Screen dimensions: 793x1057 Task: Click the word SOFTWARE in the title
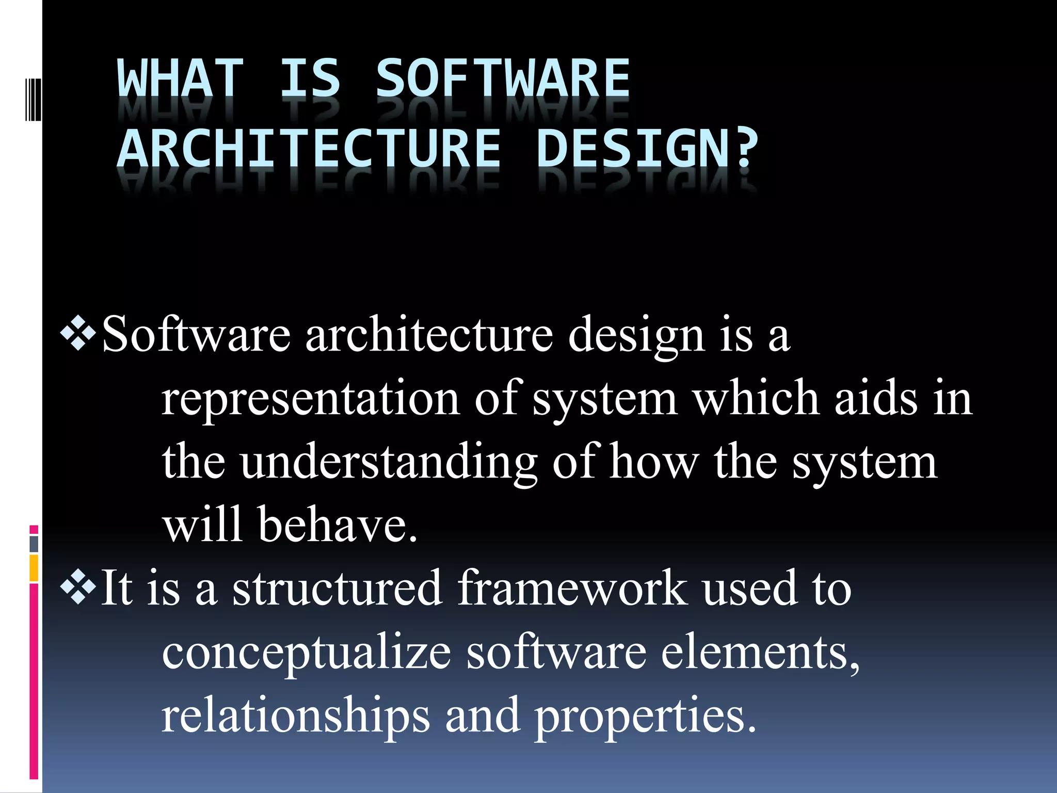click(503, 78)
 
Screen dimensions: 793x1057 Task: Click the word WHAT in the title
click(180, 78)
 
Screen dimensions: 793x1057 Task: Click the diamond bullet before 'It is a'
click(78, 588)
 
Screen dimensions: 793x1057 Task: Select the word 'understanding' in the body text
click(388, 462)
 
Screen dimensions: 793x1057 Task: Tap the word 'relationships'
click(295, 715)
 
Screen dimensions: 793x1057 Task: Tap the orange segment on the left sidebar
click(34, 568)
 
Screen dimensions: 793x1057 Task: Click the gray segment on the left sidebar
click(34, 544)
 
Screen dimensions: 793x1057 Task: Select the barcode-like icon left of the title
click(33, 99)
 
